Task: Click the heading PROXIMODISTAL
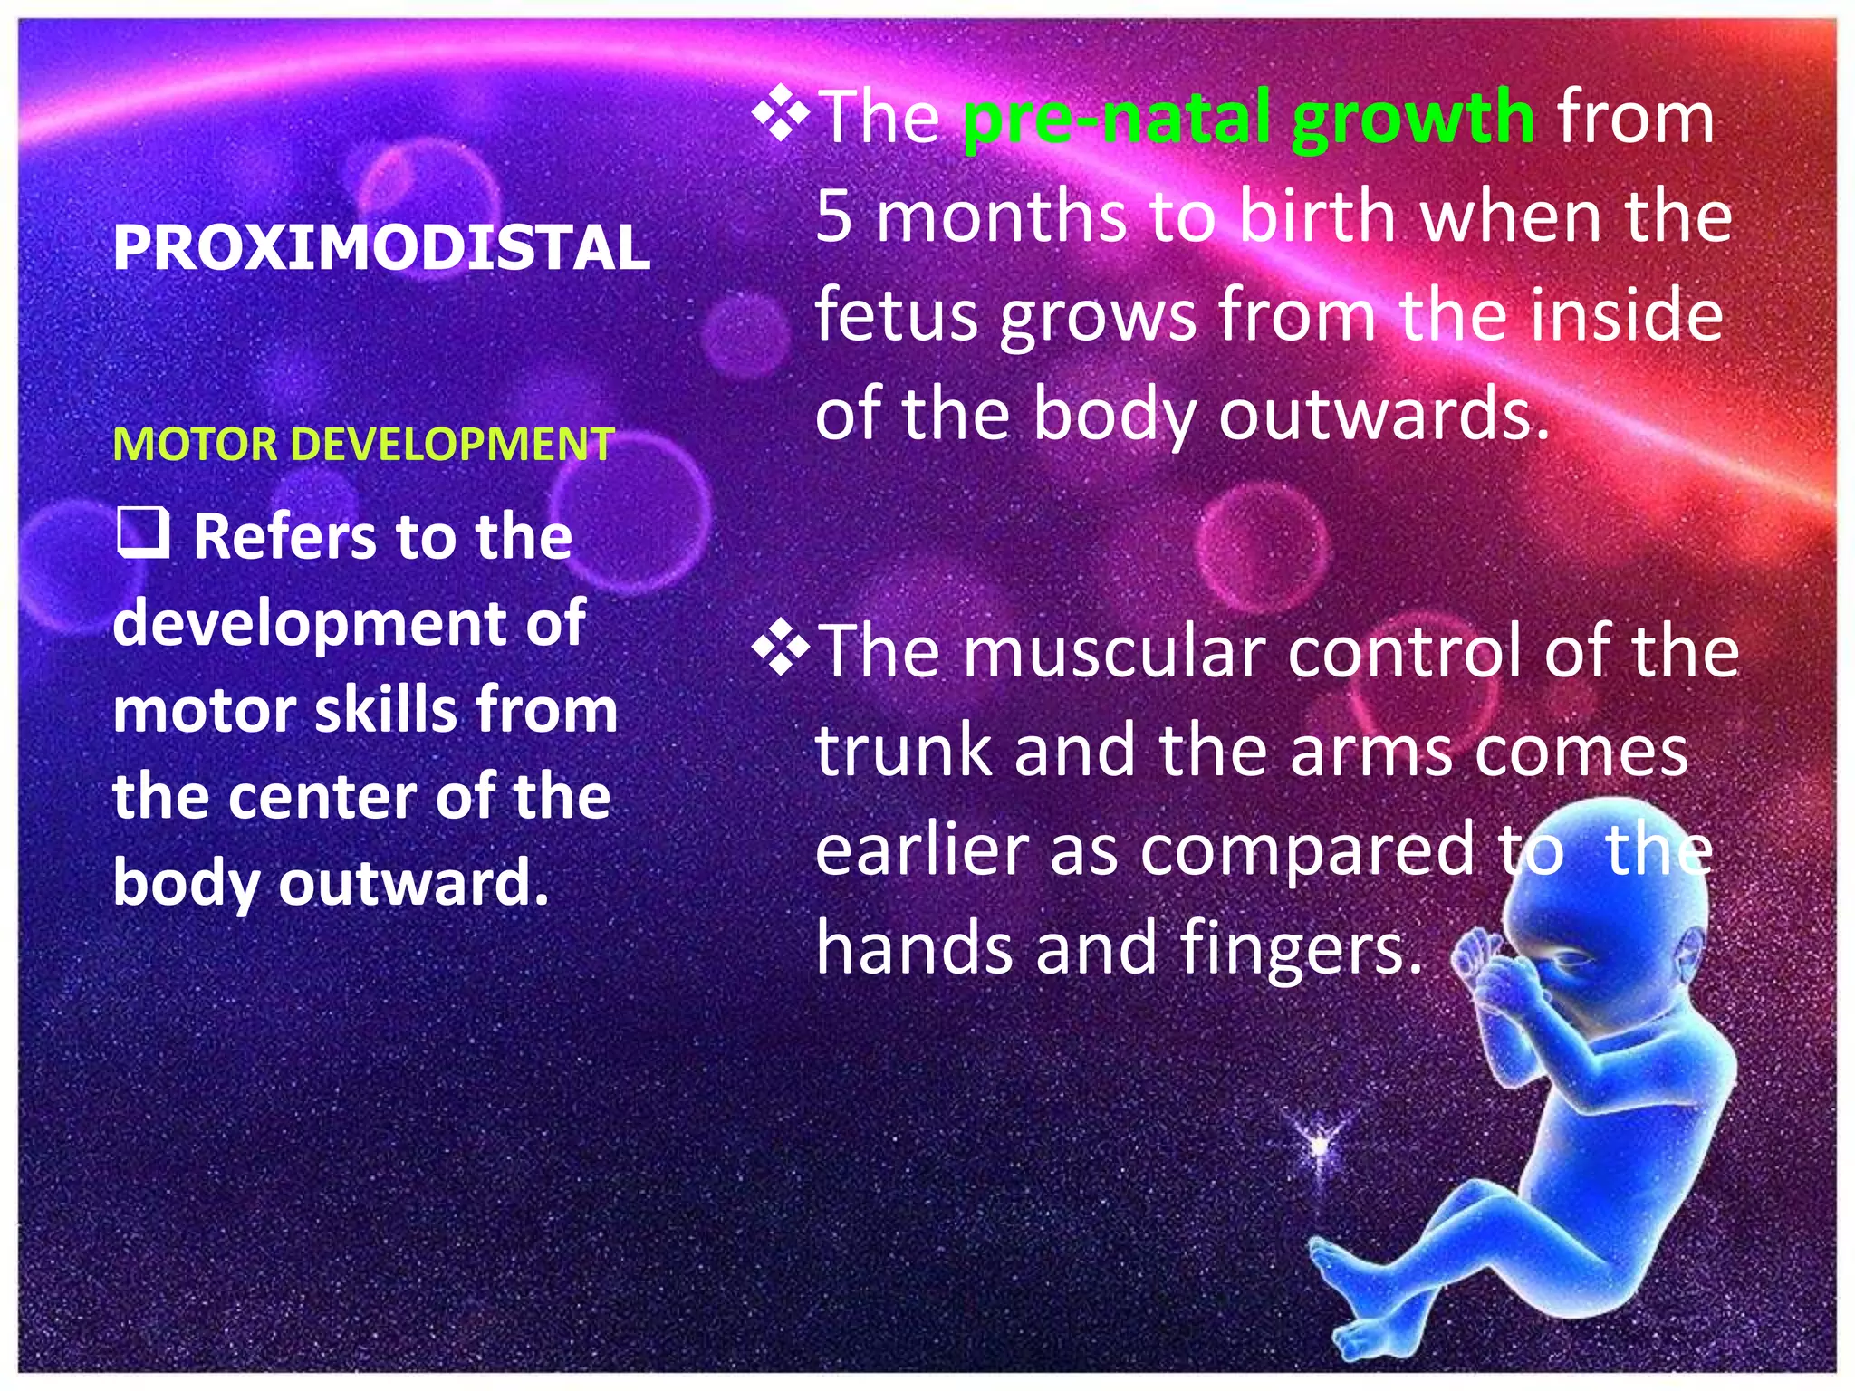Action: [381, 247]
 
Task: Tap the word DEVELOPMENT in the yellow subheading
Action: [453, 445]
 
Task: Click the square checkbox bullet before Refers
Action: [143, 532]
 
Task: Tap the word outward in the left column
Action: [413, 883]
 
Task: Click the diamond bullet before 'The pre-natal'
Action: [781, 116]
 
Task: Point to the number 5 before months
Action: [833, 217]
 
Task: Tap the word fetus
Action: [897, 314]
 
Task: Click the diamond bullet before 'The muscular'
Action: [781, 650]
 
